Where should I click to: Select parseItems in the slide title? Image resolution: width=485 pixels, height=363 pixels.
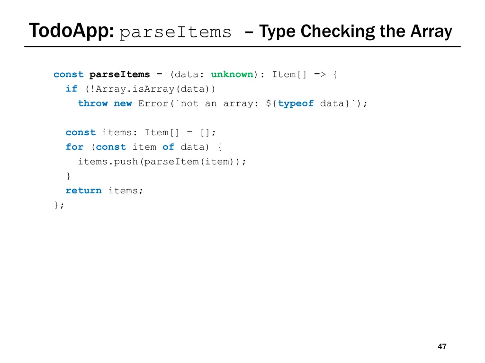click(176, 33)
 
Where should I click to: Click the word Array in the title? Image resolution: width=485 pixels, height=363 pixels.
click(431, 32)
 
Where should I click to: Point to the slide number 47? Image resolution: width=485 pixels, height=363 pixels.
click(442, 346)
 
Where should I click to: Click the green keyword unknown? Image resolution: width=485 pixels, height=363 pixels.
click(232, 74)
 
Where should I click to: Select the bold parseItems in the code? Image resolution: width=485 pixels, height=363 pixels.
click(119, 74)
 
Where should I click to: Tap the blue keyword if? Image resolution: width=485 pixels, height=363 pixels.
click(72, 89)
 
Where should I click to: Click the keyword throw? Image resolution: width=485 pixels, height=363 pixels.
click(93, 104)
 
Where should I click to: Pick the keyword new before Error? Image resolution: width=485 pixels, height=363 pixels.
click(123, 104)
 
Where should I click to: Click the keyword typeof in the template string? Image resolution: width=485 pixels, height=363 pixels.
click(296, 104)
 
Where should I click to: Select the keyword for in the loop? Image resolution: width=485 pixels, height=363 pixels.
click(74, 147)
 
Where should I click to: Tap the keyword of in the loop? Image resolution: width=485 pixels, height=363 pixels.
click(168, 147)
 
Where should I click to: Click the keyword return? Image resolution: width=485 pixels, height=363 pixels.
click(83, 190)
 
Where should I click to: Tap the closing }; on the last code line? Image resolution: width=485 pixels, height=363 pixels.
click(59, 205)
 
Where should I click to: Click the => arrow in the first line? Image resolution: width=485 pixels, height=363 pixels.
click(319, 74)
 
